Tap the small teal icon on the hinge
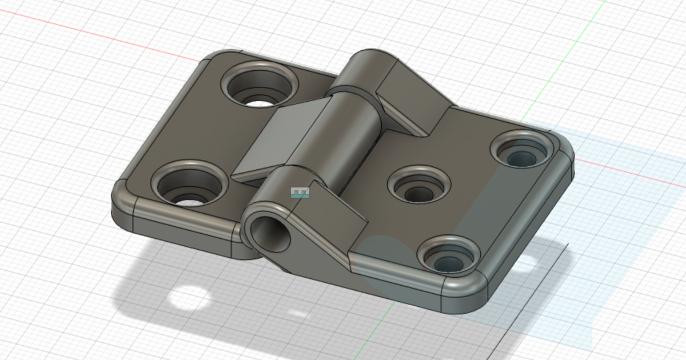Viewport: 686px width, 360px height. click(x=300, y=193)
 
